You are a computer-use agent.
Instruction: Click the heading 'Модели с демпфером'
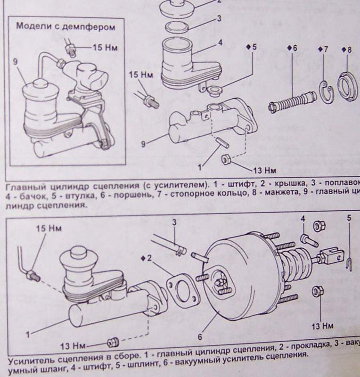65,26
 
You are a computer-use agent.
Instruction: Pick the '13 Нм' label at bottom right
323,326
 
